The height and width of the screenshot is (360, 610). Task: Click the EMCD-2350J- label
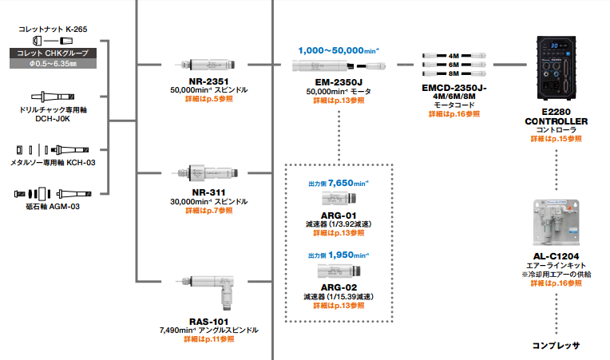pyautogui.click(x=454, y=86)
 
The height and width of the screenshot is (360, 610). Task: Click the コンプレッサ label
pyautogui.click(x=556, y=346)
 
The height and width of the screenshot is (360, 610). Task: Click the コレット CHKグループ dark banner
pyautogui.click(x=54, y=53)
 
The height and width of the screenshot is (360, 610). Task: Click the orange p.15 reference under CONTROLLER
pyautogui.click(x=556, y=139)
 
